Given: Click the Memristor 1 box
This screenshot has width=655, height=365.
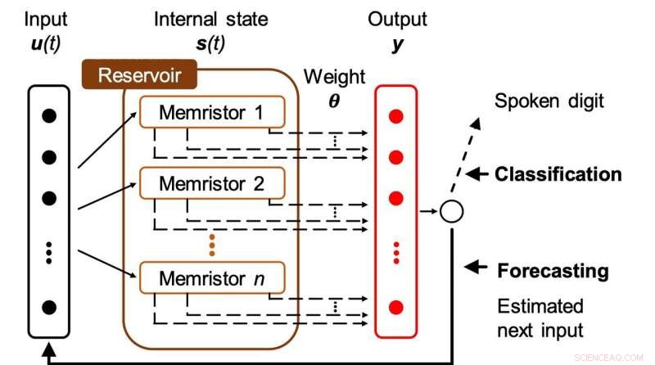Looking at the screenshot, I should pyautogui.click(x=211, y=112).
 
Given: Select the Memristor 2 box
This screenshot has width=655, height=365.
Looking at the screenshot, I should pyautogui.click(x=211, y=184).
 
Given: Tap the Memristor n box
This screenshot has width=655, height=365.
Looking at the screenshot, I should pyautogui.click(x=211, y=278).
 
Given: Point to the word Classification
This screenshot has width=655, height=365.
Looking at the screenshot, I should pyautogui.click(x=558, y=174).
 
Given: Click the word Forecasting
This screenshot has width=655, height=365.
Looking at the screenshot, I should pyautogui.click(x=553, y=270).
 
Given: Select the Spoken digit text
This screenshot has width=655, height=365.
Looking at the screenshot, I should pyautogui.click(x=549, y=102).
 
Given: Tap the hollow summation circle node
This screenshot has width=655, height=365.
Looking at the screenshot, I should pyautogui.click(x=451, y=211).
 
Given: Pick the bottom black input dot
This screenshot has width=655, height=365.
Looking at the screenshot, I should pyautogui.click(x=49, y=308).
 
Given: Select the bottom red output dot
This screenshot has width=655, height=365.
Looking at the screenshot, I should pyautogui.click(x=396, y=308).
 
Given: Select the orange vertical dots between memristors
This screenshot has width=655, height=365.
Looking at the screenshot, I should pyautogui.click(x=211, y=243).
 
